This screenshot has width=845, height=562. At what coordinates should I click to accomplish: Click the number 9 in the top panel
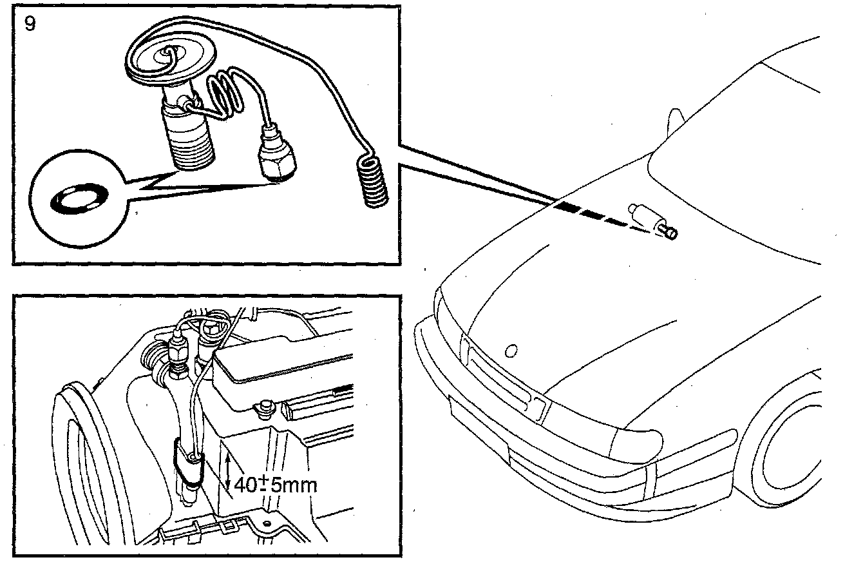30,25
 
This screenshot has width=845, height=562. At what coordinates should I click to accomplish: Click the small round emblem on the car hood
513,351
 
